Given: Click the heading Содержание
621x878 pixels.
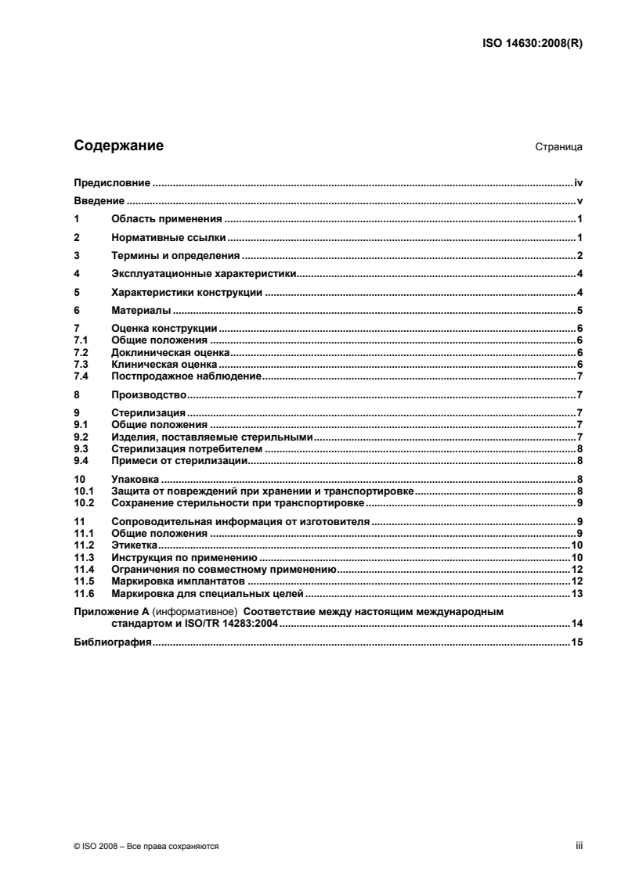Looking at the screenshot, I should pos(118,145).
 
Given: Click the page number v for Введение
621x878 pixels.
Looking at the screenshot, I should pos(580,201).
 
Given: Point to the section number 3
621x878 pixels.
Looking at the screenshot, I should pos(76,255).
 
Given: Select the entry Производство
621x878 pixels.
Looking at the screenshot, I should pos(148,394).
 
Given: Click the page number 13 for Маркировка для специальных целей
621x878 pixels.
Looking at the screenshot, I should pos(577,593).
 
